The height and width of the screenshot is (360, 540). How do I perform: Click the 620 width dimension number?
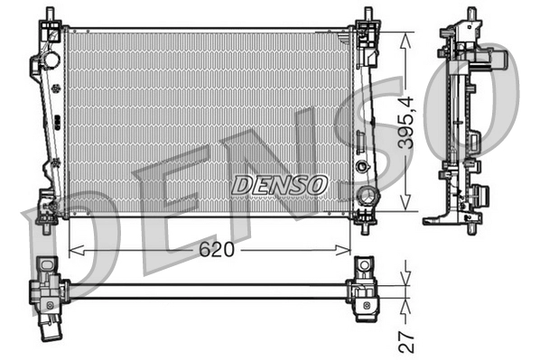point(217,250)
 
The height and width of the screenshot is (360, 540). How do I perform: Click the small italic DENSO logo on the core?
point(278,185)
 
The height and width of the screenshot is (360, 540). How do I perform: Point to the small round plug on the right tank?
point(362,167)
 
